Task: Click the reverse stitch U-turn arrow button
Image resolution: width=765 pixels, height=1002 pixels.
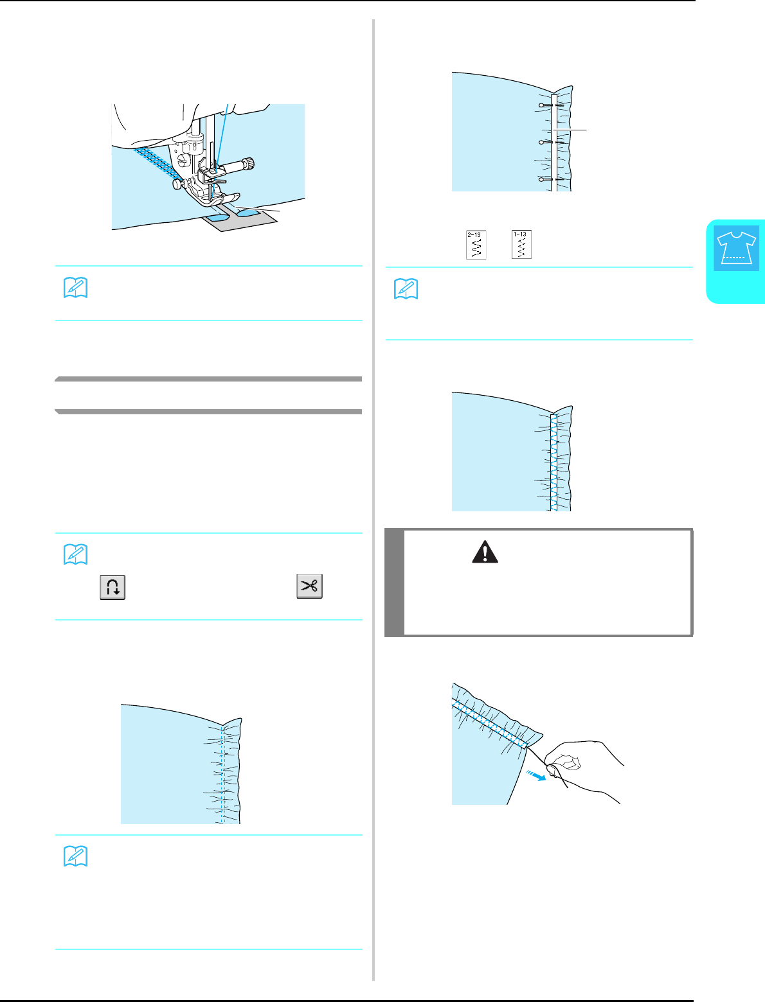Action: click(x=113, y=588)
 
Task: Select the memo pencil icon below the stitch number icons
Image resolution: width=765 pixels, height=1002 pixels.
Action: click(x=406, y=290)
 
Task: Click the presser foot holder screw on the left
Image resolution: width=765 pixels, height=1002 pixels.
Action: click(x=175, y=184)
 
